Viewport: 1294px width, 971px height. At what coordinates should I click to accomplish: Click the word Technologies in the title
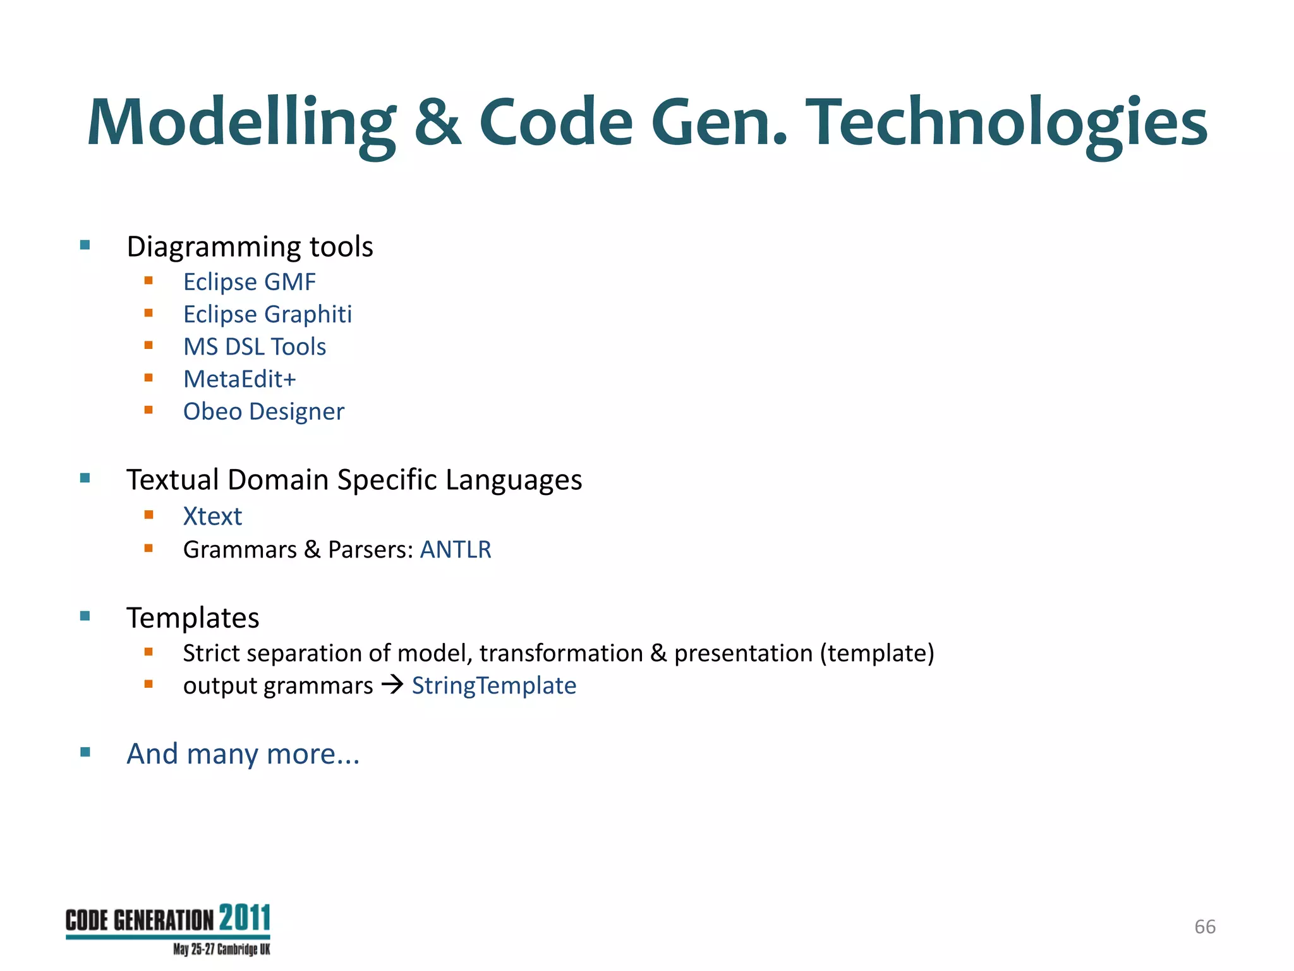click(1009, 123)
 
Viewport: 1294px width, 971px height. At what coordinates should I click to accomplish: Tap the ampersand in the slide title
click(437, 123)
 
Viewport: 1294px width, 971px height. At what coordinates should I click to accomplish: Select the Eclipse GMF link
click(249, 282)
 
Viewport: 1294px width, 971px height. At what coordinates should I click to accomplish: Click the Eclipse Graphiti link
click(267, 314)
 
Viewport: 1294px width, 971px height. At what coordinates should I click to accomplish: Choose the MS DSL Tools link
click(254, 347)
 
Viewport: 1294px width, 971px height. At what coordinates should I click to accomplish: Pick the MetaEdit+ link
click(239, 379)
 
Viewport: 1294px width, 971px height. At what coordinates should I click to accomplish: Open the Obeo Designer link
click(263, 412)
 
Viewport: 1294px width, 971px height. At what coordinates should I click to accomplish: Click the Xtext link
click(212, 516)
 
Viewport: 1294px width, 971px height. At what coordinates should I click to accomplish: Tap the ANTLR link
click(456, 549)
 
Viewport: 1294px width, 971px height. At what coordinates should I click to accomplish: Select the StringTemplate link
click(494, 686)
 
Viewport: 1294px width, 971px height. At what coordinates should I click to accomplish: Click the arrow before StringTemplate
click(392, 685)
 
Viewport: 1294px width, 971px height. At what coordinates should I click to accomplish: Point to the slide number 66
click(1205, 927)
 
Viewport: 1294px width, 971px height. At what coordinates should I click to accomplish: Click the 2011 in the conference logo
click(245, 918)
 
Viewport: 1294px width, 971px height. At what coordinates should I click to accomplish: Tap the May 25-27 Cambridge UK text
click(221, 950)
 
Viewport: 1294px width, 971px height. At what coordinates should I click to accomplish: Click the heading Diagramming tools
click(250, 247)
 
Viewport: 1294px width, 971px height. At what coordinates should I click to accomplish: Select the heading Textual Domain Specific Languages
click(354, 480)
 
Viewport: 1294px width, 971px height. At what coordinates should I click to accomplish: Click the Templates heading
click(193, 618)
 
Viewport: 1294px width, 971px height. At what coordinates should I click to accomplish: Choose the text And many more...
click(243, 754)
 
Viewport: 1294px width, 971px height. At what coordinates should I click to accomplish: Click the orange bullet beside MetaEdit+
click(148, 378)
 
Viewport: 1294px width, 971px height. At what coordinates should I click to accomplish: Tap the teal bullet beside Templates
click(85, 616)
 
